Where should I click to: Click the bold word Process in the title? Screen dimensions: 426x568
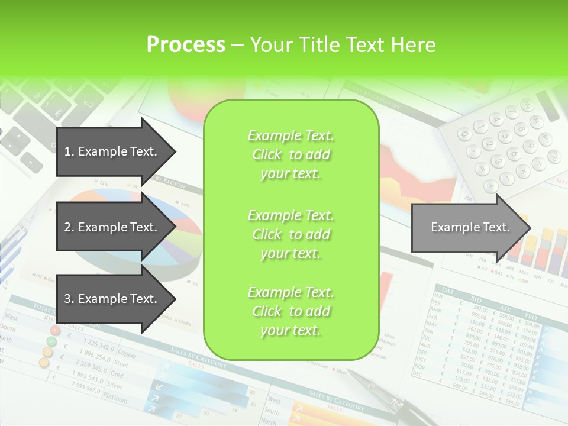pyautogui.click(x=186, y=44)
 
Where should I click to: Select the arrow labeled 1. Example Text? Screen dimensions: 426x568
pyautogui.click(x=112, y=151)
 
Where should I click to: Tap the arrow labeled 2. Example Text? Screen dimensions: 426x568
pyautogui.click(x=112, y=227)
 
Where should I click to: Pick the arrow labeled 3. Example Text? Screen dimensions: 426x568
pyautogui.click(x=112, y=299)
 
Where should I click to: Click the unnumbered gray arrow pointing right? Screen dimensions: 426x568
pyautogui.click(x=467, y=227)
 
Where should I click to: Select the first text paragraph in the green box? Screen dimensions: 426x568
pyautogui.click(x=291, y=154)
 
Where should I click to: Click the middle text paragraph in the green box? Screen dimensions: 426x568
pyautogui.click(x=291, y=234)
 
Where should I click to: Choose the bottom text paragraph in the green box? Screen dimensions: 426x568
pyautogui.click(x=291, y=311)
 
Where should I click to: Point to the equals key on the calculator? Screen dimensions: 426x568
pyautogui.click(x=480, y=169)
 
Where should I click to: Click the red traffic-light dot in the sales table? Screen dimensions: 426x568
pyautogui.click(x=55, y=330)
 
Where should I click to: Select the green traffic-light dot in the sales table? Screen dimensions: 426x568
pyautogui.click(x=51, y=341)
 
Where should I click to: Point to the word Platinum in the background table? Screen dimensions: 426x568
pyautogui.click(x=116, y=401)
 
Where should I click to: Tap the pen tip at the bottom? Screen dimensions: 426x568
pyautogui.click(x=350, y=372)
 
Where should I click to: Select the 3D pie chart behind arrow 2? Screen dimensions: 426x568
pyautogui.click(x=172, y=237)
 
